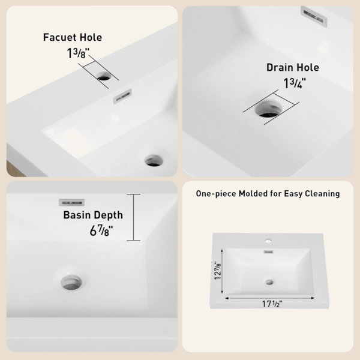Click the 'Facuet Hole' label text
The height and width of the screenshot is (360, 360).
73,37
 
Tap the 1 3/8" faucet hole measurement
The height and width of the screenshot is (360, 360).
78,53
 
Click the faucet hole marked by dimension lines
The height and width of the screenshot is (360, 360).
104,76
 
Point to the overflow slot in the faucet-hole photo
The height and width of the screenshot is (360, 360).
122,96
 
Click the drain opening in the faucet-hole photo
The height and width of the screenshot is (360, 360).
154,160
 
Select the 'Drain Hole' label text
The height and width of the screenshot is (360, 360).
293,67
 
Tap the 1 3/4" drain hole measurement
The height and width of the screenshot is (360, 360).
295,83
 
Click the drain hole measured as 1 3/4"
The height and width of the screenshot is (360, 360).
269,109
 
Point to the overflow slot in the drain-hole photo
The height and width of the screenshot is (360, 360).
314,16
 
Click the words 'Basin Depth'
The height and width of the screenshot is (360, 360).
93,215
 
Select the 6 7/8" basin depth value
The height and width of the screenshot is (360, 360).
101,230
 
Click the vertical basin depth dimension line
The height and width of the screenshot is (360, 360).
134,217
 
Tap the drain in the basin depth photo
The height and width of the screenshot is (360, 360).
71,282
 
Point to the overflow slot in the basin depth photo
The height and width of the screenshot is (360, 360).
72,203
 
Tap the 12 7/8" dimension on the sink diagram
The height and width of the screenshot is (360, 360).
218,271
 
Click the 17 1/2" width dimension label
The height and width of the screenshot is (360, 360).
272,304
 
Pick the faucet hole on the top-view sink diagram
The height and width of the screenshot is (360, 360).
268,241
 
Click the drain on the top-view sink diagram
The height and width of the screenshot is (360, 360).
269,282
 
